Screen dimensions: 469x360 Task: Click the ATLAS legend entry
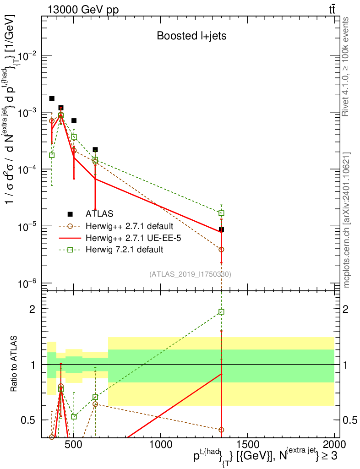click(100, 213)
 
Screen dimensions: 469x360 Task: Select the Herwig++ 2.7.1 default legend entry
click(128, 226)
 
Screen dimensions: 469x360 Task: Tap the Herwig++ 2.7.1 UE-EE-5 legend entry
click(131, 238)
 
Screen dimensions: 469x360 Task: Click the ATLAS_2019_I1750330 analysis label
click(190, 274)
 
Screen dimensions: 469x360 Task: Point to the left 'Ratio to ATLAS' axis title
click(14, 365)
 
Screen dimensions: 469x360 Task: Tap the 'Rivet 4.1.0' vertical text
click(347, 66)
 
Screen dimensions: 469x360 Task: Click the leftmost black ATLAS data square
click(52, 98)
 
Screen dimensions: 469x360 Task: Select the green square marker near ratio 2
click(221, 312)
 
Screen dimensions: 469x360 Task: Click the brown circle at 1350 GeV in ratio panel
click(221, 430)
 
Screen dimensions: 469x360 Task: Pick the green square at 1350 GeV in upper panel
click(221, 213)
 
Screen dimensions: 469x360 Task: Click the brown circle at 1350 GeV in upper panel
click(221, 250)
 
